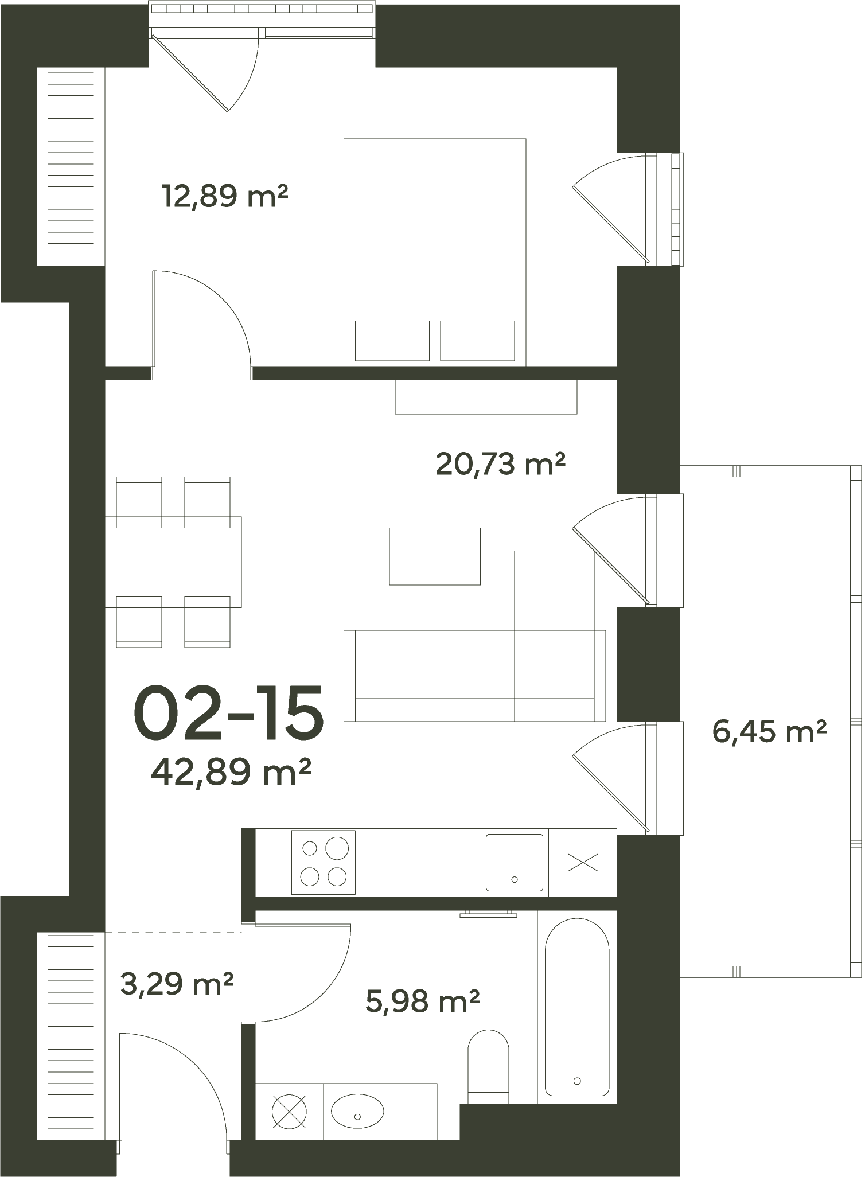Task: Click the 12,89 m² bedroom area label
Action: (225, 196)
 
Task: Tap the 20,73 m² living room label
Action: (501, 463)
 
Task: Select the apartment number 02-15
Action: (229, 712)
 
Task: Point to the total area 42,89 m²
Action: (231, 772)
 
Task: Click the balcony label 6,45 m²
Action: (769, 732)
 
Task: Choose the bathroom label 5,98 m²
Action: (423, 1001)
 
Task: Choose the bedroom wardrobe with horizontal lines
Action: (71, 166)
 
